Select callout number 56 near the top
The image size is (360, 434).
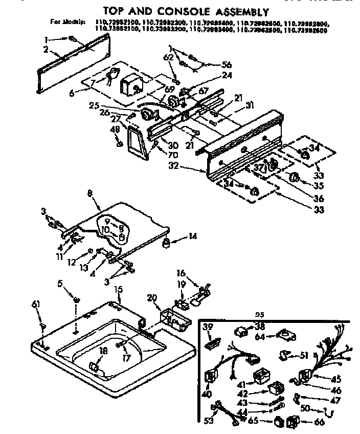tap(226, 64)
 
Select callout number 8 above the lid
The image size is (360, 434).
tap(91, 194)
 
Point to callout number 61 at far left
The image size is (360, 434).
tap(36, 305)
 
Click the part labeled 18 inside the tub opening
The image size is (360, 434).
tap(93, 366)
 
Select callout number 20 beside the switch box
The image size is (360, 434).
tap(151, 298)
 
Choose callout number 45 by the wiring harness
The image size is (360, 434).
tap(336, 379)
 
